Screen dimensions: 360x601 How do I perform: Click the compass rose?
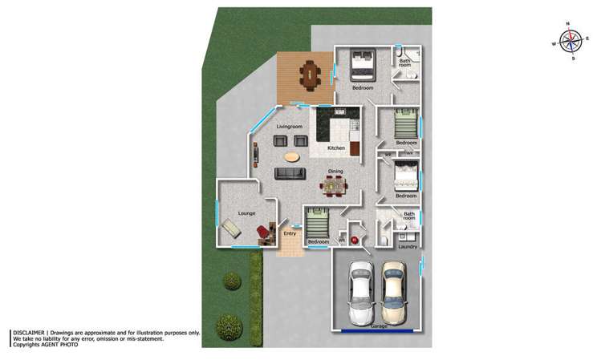pos(571,40)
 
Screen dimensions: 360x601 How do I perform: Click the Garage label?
pos(379,326)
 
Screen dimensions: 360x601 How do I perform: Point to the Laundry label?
pos(407,246)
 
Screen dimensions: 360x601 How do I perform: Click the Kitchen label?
pos(336,148)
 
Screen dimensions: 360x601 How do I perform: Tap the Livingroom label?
pos(289,127)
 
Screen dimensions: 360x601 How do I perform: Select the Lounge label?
pos(246,213)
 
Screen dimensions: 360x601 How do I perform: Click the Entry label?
pos(290,233)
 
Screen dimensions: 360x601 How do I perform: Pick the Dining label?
pos(335,171)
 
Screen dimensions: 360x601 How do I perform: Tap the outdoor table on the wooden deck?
pos(310,78)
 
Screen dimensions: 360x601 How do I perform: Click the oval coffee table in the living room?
pos(293,156)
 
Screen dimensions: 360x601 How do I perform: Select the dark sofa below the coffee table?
pos(289,173)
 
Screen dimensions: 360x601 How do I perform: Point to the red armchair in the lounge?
pos(264,233)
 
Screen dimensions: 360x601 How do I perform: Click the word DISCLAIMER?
pos(30,332)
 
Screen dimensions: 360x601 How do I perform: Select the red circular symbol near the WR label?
pos(354,239)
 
